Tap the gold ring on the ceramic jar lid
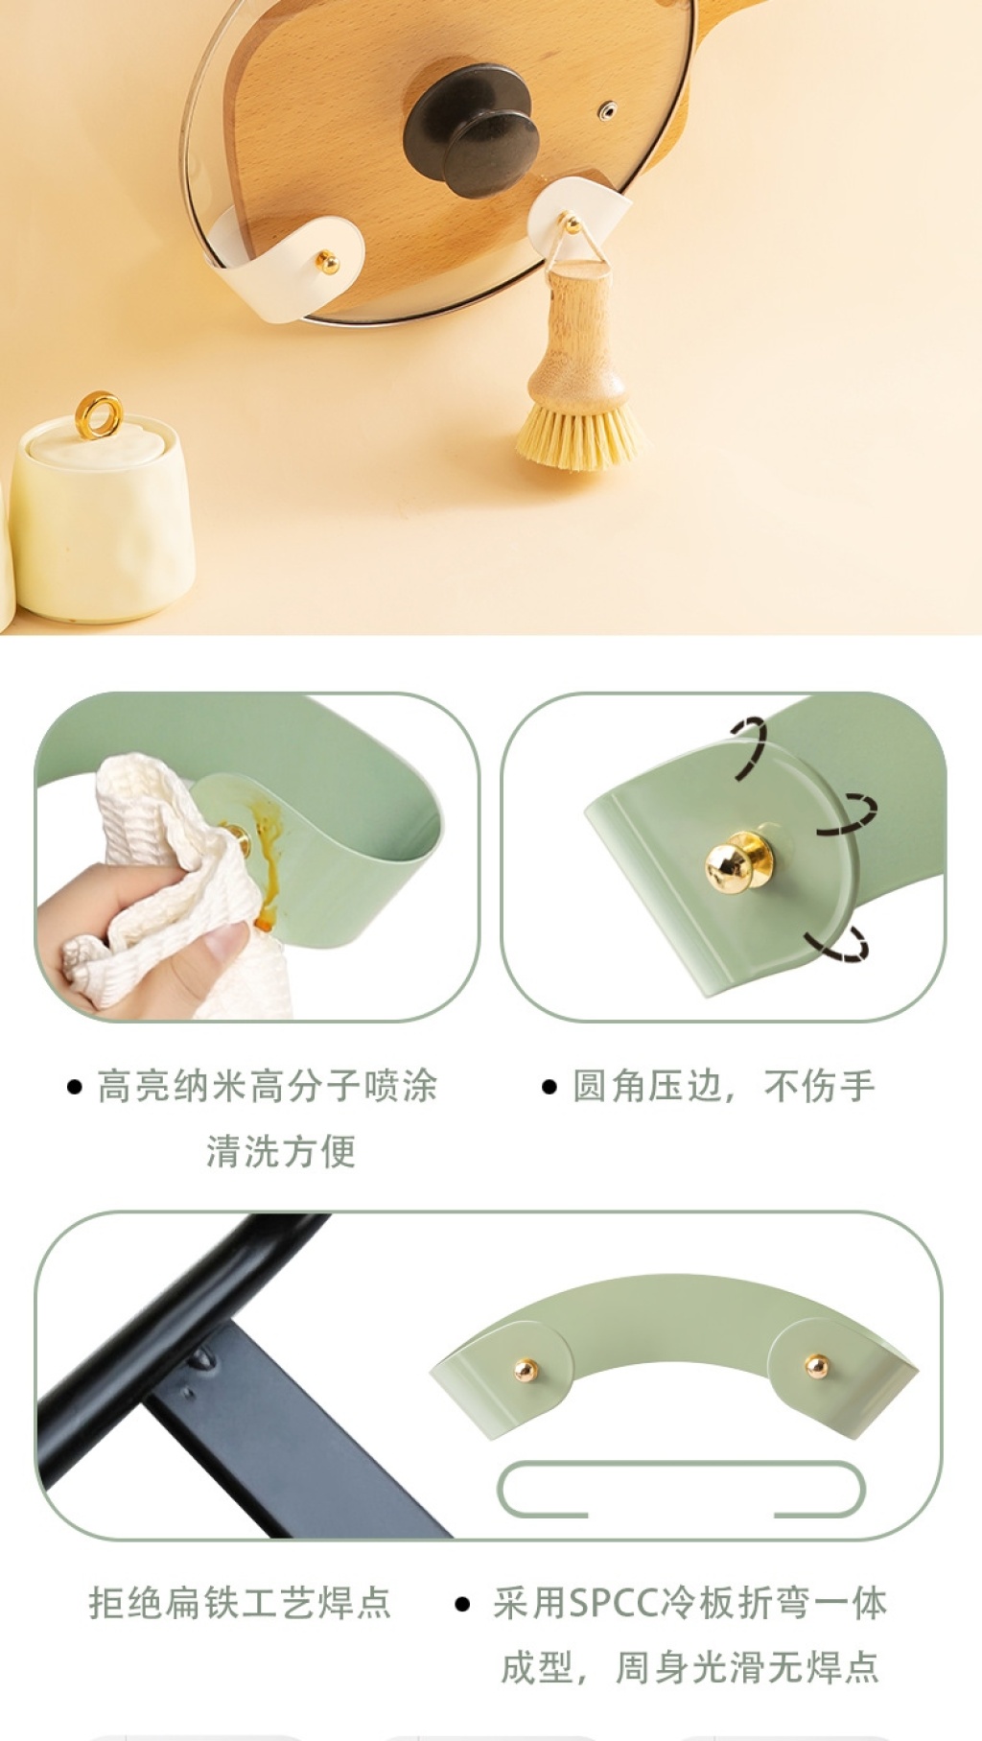[99, 414]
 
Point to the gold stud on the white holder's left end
[327, 261]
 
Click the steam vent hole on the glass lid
[607, 111]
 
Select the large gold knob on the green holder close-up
[737, 861]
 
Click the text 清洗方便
[281, 1150]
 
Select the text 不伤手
[820, 1086]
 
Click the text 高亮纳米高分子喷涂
[268, 1086]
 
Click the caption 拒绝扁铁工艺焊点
[240, 1602]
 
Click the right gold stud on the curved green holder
[817, 1365]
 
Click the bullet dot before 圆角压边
[549, 1087]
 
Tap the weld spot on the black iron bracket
[201, 1358]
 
